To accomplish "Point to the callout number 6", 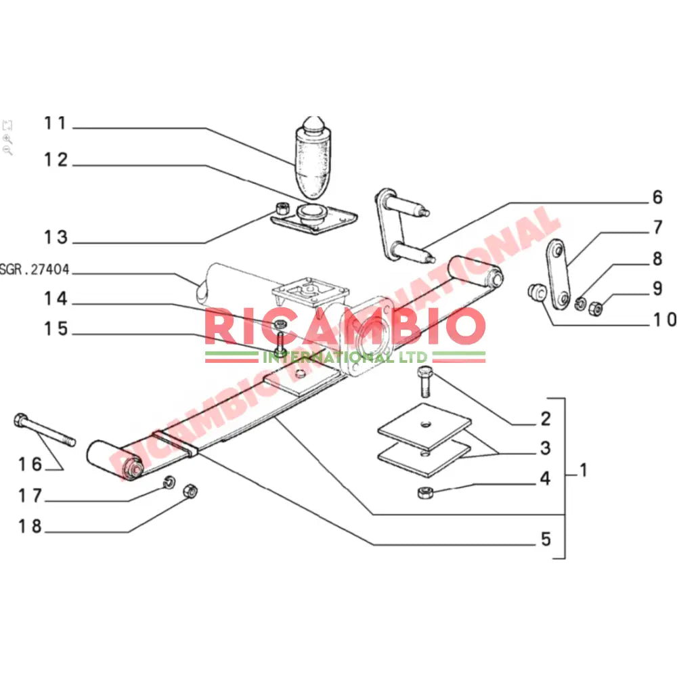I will coord(657,198).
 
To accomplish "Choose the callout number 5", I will coord(546,540).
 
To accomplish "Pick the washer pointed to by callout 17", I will coord(170,483).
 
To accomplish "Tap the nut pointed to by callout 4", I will coord(425,491).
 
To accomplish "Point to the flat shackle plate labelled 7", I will coord(559,273).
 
